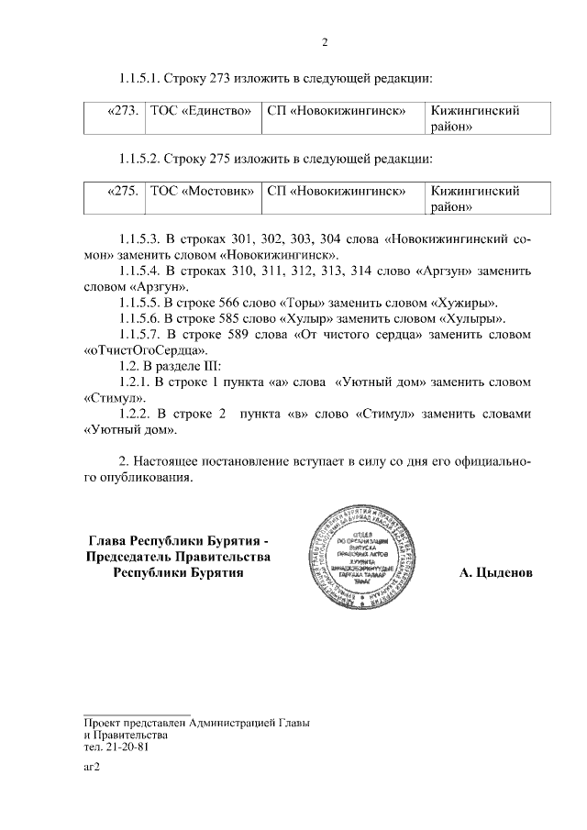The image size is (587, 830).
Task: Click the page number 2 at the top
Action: tap(324, 41)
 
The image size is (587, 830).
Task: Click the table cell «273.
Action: tap(122, 111)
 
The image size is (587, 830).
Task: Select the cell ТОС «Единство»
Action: tap(200, 111)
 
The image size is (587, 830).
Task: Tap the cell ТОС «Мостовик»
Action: tap(202, 192)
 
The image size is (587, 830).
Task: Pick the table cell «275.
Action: tap(122, 192)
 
